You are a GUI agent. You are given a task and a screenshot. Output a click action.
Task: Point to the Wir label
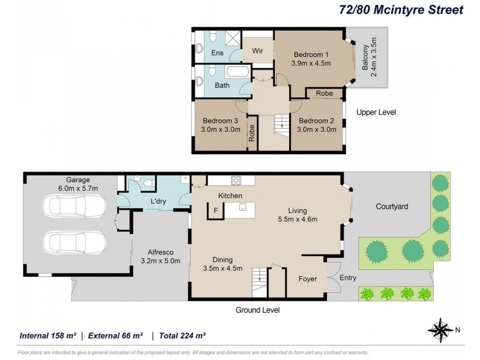[x=257, y=51]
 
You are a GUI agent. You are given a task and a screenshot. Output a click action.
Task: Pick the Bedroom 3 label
[x=220, y=125]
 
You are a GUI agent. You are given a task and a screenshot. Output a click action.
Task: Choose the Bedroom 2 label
[x=317, y=125]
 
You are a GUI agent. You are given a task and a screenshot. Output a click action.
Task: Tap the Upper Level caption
[x=376, y=112]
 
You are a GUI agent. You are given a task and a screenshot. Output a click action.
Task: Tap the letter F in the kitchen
[x=215, y=210]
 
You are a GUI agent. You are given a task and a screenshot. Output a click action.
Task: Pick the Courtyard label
[x=392, y=206]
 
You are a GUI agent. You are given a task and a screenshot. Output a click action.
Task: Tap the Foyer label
[x=308, y=279]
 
